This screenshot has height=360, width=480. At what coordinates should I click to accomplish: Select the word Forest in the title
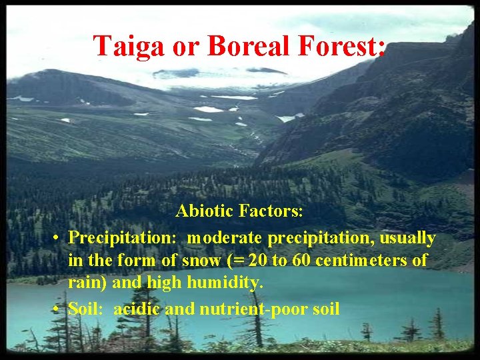click(x=343, y=46)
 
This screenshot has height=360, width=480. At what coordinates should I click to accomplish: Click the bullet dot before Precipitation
click(x=59, y=239)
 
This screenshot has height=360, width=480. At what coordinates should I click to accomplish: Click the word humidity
click(x=224, y=283)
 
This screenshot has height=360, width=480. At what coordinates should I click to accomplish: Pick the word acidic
click(x=136, y=309)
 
